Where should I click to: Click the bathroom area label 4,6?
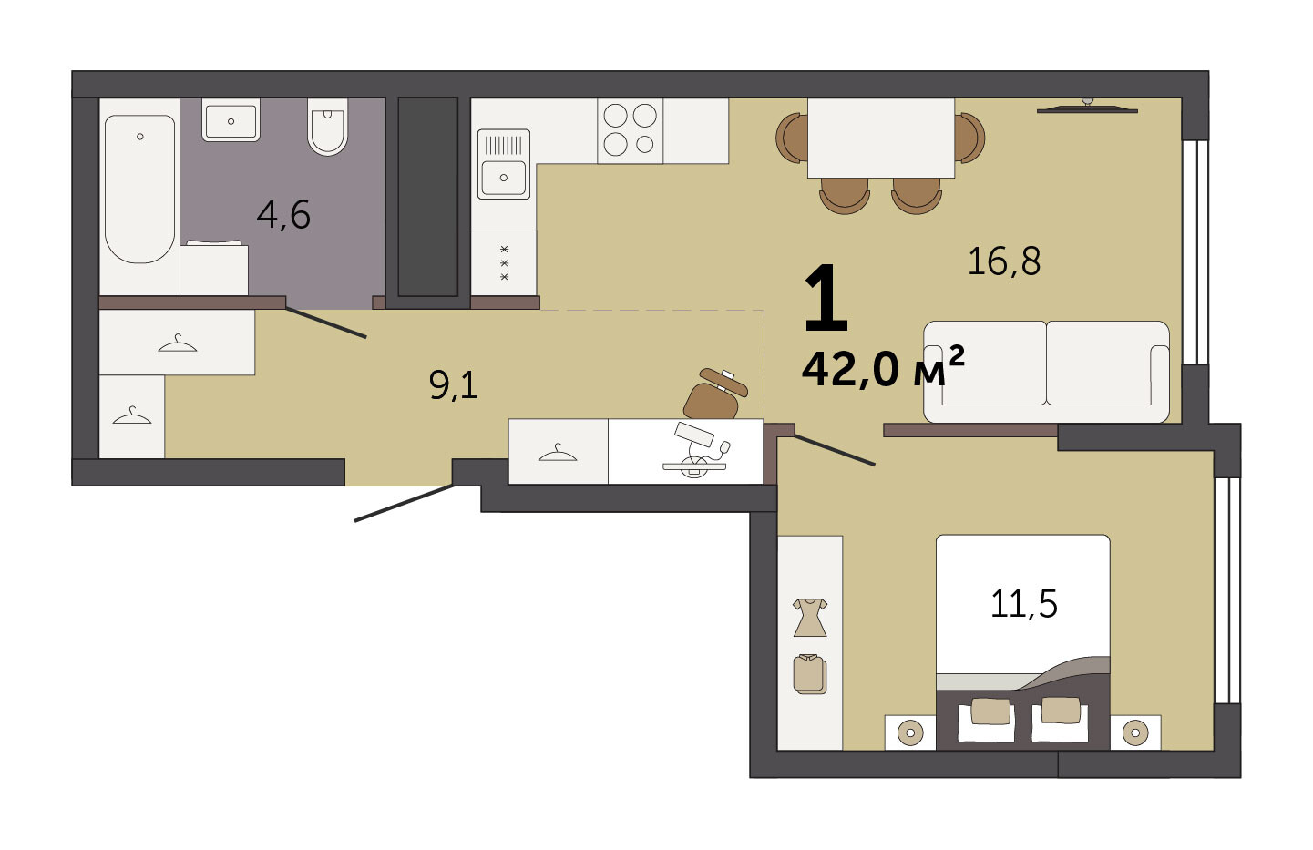(x=283, y=215)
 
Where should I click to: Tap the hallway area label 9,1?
(x=453, y=385)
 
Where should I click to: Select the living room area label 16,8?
(x=1003, y=261)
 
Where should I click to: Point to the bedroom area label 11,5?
(x=1023, y=604)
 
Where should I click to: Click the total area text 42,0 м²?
(x=883, y=367)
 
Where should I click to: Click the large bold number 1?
(x=826, y=299)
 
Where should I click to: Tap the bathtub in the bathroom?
(x=139, y=189)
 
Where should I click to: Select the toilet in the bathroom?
(x=328, y=127)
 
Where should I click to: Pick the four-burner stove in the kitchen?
(x=631, y=130)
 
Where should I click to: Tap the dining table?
(x=881, y=138)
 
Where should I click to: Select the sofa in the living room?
(x=1046, y=372)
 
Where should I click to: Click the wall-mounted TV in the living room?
(x=1087, y=108)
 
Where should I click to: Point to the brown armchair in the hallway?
(x=715, y=394)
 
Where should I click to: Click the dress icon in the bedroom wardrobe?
(x=810, y=618)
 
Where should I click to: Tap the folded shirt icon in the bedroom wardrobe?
(x=810, y=673)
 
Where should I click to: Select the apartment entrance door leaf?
(x=404, y=502)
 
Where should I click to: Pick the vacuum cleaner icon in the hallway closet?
(x=696, y=450)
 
